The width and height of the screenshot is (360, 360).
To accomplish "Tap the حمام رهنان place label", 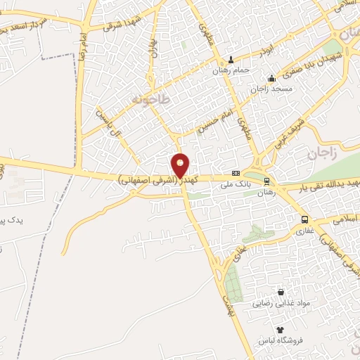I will (x=232, y=71).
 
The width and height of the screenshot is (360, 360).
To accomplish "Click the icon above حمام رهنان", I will (x=232, y=60).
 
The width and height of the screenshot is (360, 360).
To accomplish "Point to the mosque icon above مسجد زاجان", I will (x=272, y=77).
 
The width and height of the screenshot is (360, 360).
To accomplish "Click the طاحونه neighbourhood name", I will (x=150, y=100).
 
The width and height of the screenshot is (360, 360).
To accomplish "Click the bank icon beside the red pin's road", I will (x=235, y=174).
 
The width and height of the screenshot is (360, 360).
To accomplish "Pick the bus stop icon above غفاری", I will (x=304, y=218).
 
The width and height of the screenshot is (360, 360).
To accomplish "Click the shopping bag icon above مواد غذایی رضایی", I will (x=281, y=292).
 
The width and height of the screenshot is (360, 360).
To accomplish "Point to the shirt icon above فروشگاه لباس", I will (x=280, y=329).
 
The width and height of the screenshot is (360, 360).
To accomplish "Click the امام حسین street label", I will (x=213, y=114).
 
